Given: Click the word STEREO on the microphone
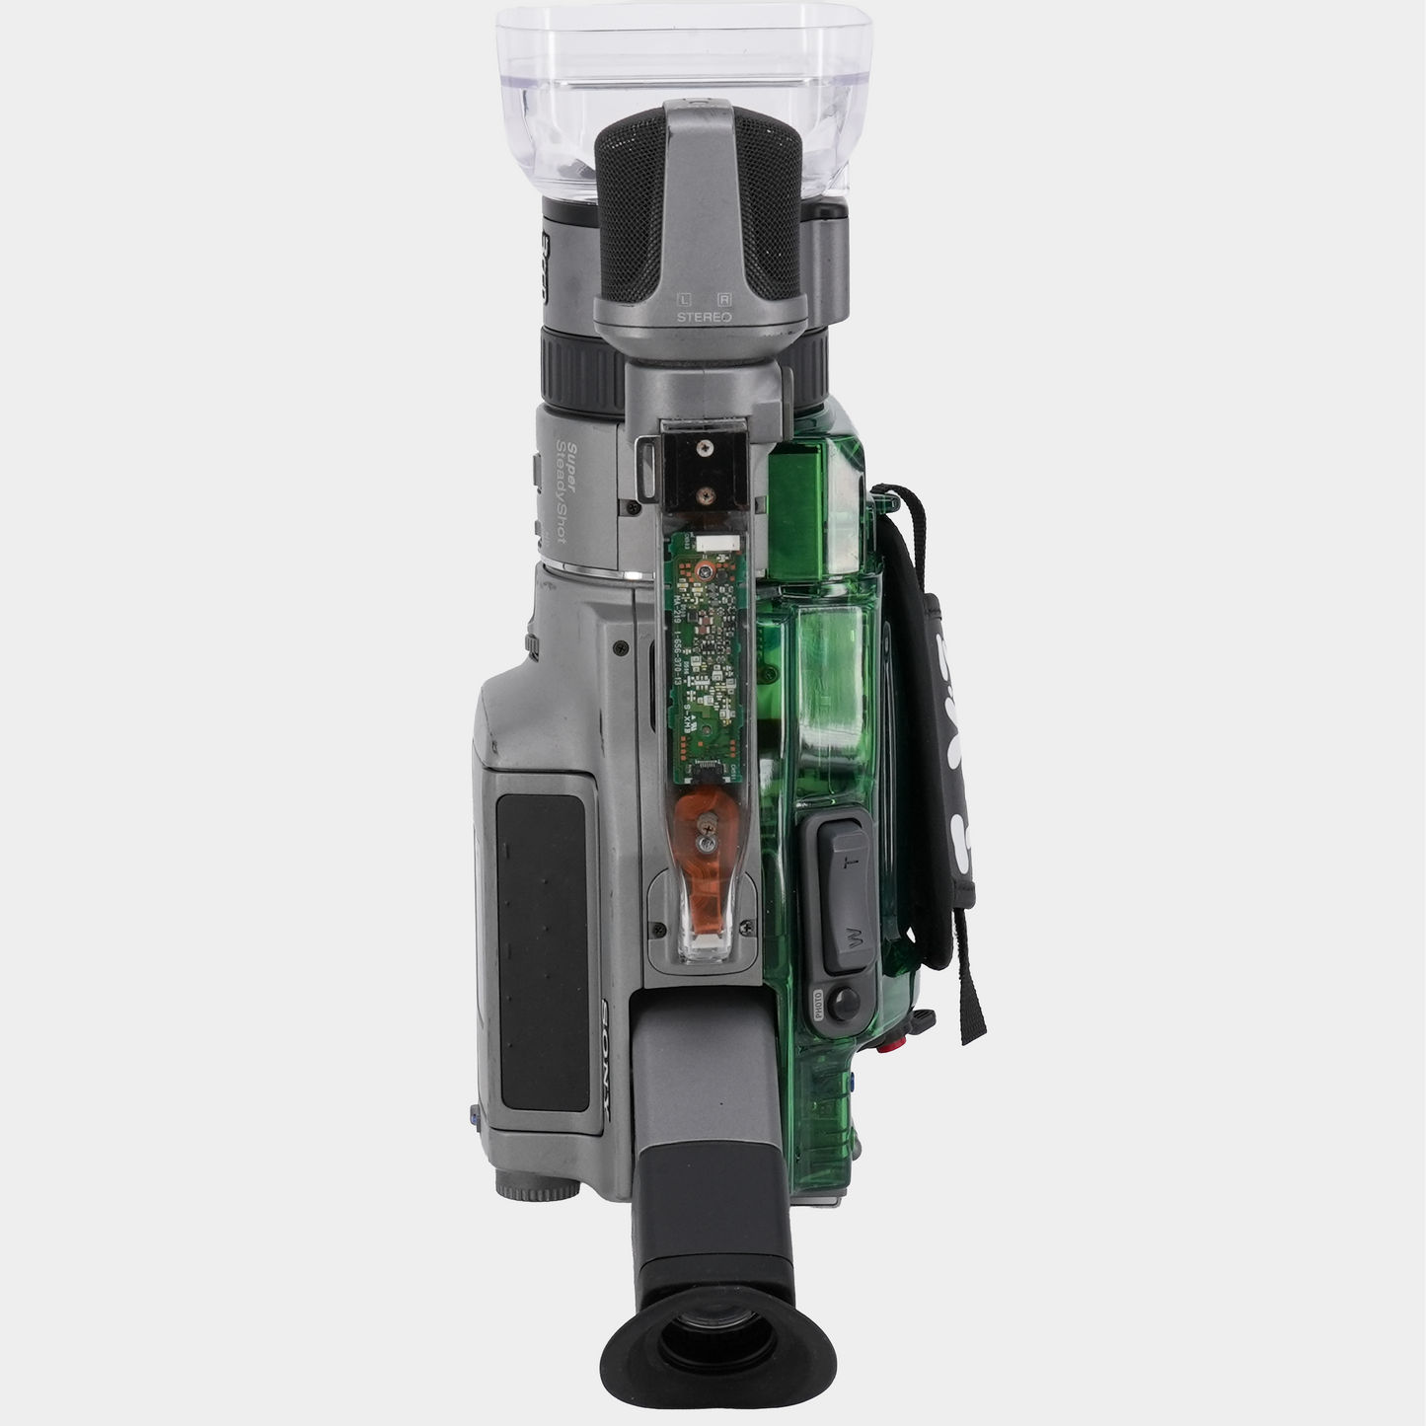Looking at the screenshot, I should (x=704, y=317).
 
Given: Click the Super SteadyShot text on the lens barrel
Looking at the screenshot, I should (x=565, y=489).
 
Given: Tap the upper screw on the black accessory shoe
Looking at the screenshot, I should (x=705, y=448).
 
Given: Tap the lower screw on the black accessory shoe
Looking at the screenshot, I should (x=705, y=490).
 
